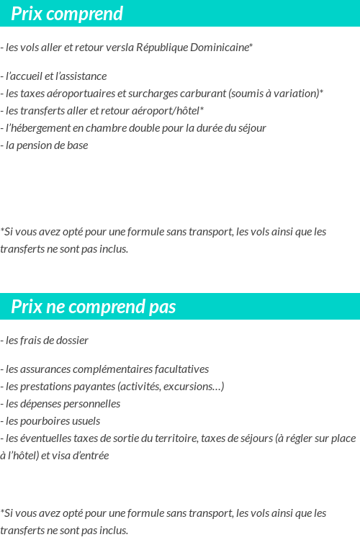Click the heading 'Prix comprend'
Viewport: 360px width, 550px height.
67,14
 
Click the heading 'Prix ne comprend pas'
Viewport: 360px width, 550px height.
93,307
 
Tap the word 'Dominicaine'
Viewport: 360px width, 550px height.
219,48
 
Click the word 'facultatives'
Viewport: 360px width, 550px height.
180,369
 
